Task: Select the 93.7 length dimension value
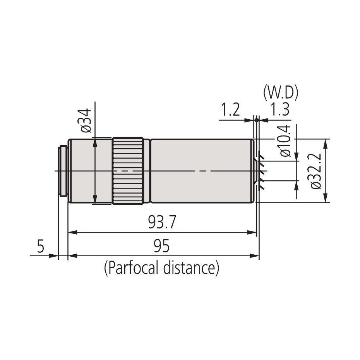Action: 162,223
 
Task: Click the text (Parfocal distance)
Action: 161,267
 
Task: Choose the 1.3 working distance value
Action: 280,110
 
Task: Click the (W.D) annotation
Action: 280,93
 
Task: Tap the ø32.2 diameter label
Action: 316,170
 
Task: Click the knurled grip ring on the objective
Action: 128,171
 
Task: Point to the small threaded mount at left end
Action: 62,171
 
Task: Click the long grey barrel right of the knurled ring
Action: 201,171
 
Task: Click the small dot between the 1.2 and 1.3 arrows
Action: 257,120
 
